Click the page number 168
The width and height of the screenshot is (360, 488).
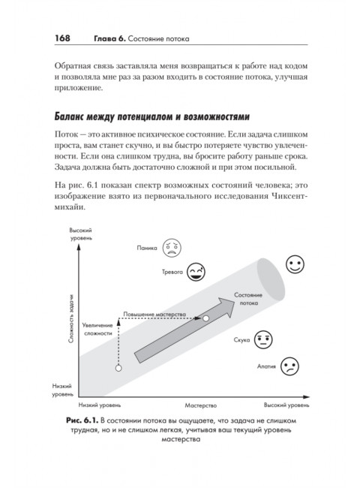pyautogui.click(x=62, y=38)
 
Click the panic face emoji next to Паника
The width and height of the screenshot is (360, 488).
pyautogui.click(x=172, y=248)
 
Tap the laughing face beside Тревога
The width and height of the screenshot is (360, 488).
pyautogui.click(x=196, y=272)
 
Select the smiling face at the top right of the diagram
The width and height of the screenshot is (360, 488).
pyautogui.click(x=295, y=264)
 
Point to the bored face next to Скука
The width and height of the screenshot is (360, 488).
pyautogui.click(x=263, y=339)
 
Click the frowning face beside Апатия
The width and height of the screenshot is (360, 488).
pyautogui.click(x=289, y=366)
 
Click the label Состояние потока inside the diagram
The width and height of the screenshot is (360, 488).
pyautogui.click(x=248, y=299)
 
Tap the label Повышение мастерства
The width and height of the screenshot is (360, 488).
pyautogui.click(x=154, y=315)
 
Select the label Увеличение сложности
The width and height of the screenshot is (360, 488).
pyautogui.click(x=97, y=330)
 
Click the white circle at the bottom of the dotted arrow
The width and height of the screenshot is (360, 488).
pyautogui.click(x=118, y=368)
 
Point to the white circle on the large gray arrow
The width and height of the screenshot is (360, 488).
pyautogui.click(x=205, y=318)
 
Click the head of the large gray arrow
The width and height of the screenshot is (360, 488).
pyautogui.click(x=226, y=307)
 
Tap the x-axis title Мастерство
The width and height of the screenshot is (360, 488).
pyautogui.click(x=200, y=405)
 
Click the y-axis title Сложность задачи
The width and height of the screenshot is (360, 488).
pyautogui.click(x=71, y=318)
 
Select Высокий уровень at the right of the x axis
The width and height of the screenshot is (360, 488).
pyautogui.click(x=286, y=405)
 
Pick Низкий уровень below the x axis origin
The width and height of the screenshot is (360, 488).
pyautogui.click(x=100, y=405)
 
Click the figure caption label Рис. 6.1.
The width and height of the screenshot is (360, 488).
pyautogui.click(x=82, y=420)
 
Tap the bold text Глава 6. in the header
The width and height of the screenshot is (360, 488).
pyautogui.click(x=109, y=38)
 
